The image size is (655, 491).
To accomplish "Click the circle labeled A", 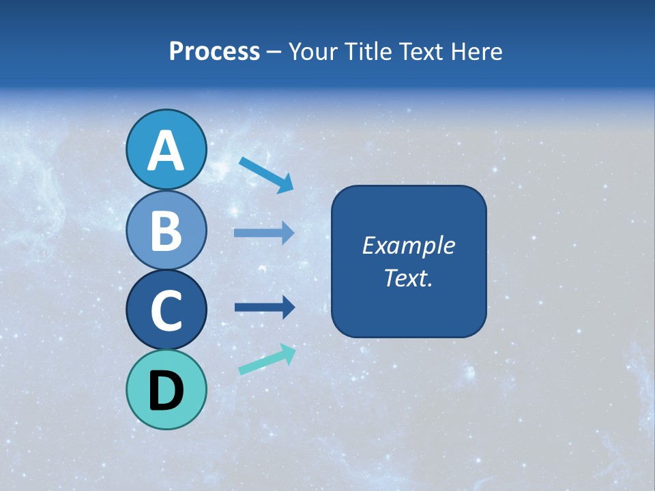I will (166, 149).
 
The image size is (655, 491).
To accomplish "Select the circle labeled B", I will (166, 230).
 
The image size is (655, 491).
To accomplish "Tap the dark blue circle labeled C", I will (166, 310).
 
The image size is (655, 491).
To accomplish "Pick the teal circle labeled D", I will (166, 390).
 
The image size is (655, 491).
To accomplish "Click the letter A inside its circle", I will (166, 151).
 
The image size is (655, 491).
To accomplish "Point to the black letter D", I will (166, 391).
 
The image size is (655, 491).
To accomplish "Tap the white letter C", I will (166, 311).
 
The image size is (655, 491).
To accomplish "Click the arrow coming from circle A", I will (266, 175).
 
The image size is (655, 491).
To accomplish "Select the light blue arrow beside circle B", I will (264, 233).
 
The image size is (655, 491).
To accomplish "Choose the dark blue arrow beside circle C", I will (264, 308).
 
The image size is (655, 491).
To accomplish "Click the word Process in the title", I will (214, 51).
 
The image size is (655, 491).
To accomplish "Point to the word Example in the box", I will (408, 245).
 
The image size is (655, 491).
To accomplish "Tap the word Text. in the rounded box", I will (408, 278).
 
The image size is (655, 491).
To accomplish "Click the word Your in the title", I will (312, 51).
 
